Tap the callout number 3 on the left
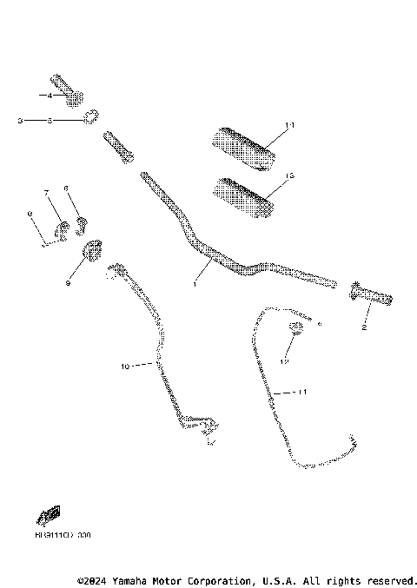tap(19, 121)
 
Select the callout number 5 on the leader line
tap(50, 121)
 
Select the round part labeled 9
tap(92, 253)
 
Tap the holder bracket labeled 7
tap(63, 229)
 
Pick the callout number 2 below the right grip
tap(363, 328)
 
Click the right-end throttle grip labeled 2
tap(371, 297)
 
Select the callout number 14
tap(290, 126)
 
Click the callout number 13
tap(290, 176)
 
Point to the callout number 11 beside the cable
tap(301, 393)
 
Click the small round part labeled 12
tap(295, 328)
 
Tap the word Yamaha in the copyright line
tap(128, 579)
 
